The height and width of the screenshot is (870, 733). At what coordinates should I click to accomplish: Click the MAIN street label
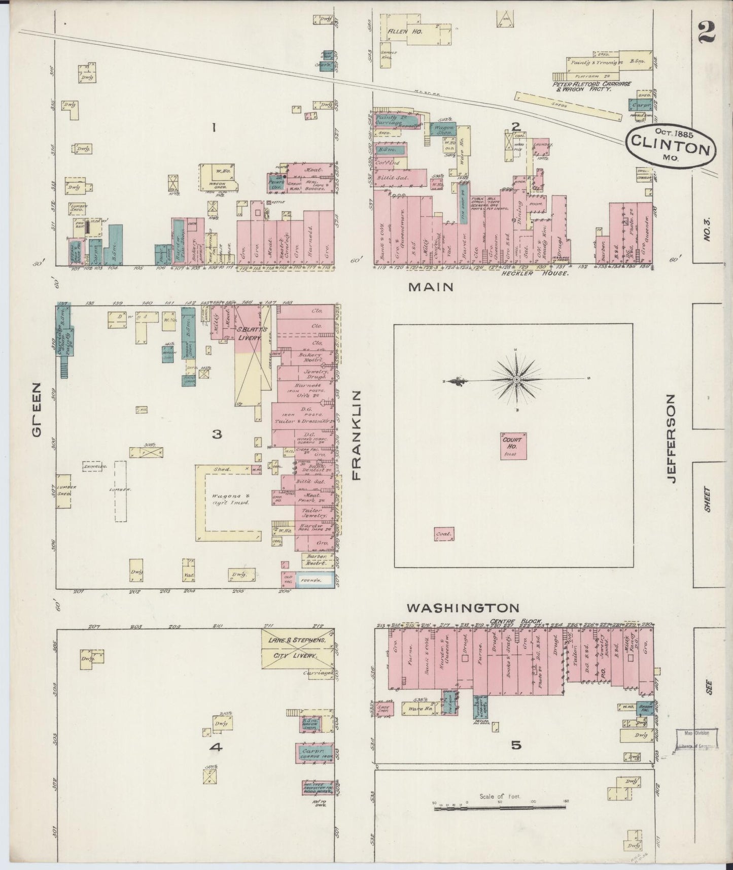tap(431, 287)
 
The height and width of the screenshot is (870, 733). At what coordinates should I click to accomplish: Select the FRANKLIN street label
tap(356, 435)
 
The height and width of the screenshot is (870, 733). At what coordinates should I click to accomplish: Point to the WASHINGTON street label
tap(464, 608)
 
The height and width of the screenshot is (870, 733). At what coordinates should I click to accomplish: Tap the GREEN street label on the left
tap(37, 410)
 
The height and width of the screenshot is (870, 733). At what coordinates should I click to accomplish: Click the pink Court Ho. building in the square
tap(513, 446)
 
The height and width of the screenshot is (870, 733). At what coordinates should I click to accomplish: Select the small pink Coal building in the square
tap(445, 534)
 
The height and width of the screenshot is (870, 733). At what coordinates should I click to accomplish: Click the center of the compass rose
tap(516, 379)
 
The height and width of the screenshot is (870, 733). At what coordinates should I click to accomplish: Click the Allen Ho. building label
tap(402, 32)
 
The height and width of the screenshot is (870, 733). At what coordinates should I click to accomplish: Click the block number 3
tap(217, 434)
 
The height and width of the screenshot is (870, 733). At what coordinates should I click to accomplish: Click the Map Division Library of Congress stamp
tap(697, 739)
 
